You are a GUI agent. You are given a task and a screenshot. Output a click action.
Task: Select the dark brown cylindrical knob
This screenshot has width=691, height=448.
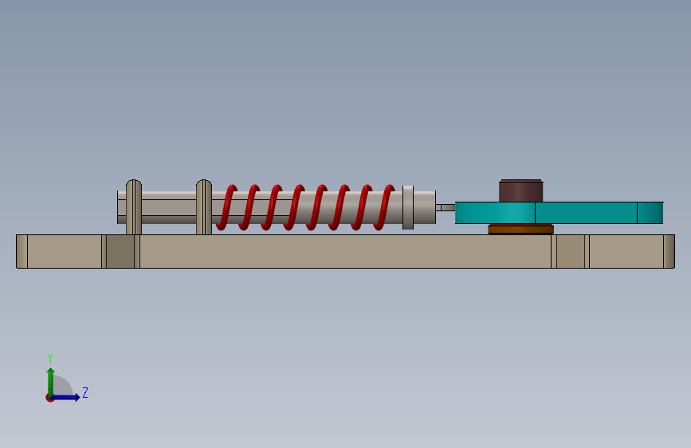coord(521,191)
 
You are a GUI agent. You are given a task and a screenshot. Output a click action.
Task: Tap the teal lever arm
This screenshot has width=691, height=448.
coord(559,213)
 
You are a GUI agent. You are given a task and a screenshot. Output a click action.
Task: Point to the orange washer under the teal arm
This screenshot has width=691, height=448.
coord(521,229)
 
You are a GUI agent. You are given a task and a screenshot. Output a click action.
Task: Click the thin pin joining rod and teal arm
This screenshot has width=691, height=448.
coord(446,207)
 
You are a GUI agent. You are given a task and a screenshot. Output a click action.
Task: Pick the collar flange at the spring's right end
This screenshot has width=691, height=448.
coord(408,207)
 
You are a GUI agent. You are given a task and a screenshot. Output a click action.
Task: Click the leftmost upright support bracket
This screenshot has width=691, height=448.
coord(134,206)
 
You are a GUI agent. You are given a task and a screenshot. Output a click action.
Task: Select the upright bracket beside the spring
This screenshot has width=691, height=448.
coord(203,206)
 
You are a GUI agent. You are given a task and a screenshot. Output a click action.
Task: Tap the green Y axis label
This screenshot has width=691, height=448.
coord(50,358)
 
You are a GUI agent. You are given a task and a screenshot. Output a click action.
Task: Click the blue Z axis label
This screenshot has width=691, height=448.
coord(85,392)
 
